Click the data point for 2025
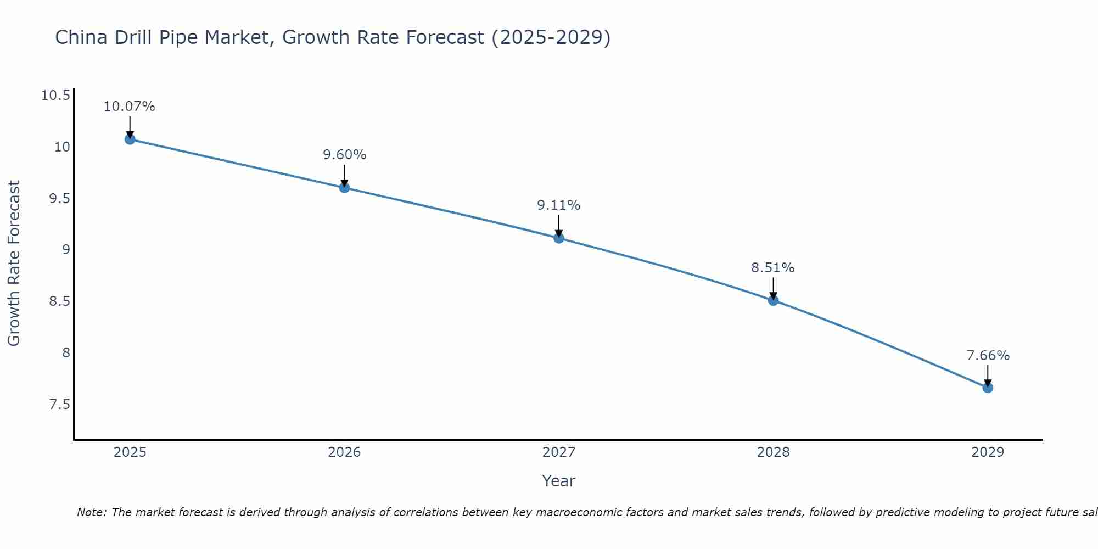tap(130, 139)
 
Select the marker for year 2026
tap(344, 188)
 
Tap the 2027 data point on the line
tap(559, 238)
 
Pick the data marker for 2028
tap(773, 300)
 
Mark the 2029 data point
tap(988, 388)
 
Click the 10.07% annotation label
tap(130, 107)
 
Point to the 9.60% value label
tap(344, 155)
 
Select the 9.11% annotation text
tap(558, 205)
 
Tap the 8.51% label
tap(772, 268)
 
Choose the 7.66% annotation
tap(988, 356)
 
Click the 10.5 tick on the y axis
tap(55, 96)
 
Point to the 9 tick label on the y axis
tap(66, 250)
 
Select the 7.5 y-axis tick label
tap(59, 405)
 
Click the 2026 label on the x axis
tap(344, 452)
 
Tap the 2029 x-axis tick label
tap(988, 452)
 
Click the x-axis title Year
tap(558, 481)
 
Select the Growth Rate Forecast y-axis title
tap(14, 264)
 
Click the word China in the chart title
tap(82, 37)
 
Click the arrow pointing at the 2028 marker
tap(773, 288)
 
